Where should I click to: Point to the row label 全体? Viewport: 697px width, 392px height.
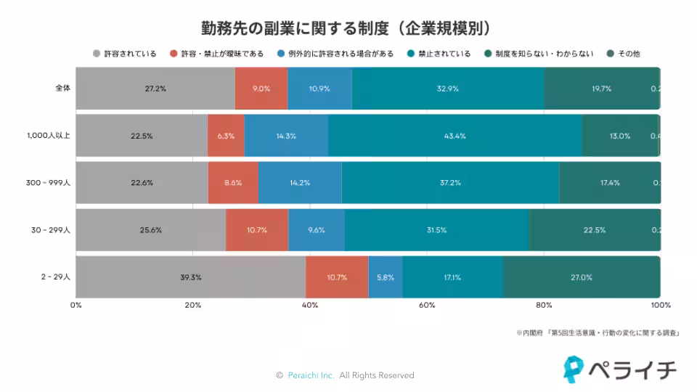[62, 89]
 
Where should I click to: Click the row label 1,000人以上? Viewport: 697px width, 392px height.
[48, 135]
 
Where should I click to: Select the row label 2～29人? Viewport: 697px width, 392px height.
[57, 277]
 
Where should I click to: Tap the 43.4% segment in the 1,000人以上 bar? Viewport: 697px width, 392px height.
[455, 136]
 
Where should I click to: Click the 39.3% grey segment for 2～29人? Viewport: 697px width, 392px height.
[190, 277]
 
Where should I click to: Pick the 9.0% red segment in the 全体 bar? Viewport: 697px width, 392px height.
[261, 89]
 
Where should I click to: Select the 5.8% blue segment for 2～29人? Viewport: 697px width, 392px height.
[386, 277]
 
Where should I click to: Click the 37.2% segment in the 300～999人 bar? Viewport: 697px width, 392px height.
[450, 183]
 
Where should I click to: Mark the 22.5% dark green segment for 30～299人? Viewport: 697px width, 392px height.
[595, 230]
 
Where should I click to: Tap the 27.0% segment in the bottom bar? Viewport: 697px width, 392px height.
[582, 277]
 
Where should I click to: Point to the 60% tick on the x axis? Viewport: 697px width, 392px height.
[427, 305]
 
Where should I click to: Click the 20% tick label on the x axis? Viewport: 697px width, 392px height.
[192, 305]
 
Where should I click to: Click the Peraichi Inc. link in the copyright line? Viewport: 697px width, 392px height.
[310, 375]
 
